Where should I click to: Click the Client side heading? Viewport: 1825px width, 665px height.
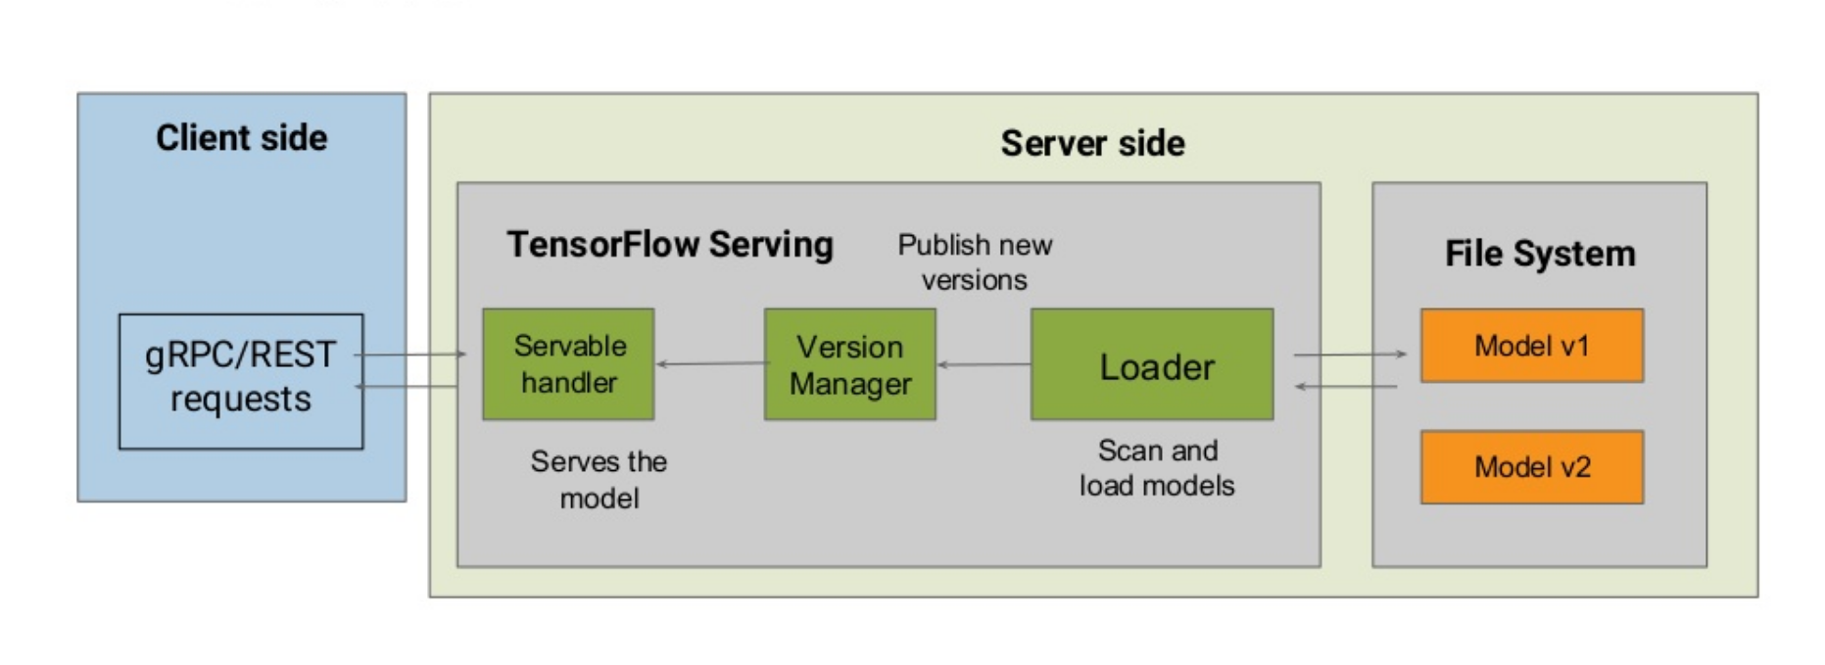pos(241,138)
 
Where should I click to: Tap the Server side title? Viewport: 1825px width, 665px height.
pos(1092,144)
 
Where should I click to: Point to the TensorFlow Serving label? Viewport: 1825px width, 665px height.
pos(669,245)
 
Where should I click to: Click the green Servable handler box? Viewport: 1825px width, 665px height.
pos(568,364)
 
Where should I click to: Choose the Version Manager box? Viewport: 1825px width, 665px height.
pos(849,364)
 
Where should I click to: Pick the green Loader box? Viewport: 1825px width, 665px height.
pos(1152,364)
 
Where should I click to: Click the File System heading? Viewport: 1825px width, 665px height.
pos(1539,254)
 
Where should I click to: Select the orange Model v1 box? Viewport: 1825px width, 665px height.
pos(1531,346)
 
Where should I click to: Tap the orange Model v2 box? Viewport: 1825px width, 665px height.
pos(1531,467)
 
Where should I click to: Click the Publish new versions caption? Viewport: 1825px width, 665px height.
pos(975,262)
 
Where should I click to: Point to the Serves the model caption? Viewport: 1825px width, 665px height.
pos(599,479)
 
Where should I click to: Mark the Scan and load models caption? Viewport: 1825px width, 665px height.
pos(1157,467)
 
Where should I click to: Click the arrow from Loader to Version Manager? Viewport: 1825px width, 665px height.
pos(984,364)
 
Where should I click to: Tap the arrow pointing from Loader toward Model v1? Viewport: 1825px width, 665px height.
pos(1350,355)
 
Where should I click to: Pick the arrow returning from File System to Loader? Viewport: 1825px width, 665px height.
pos(1346,387)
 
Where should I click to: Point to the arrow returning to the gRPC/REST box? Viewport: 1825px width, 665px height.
pos(409,387)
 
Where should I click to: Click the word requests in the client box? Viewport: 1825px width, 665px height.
pos(241,400)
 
